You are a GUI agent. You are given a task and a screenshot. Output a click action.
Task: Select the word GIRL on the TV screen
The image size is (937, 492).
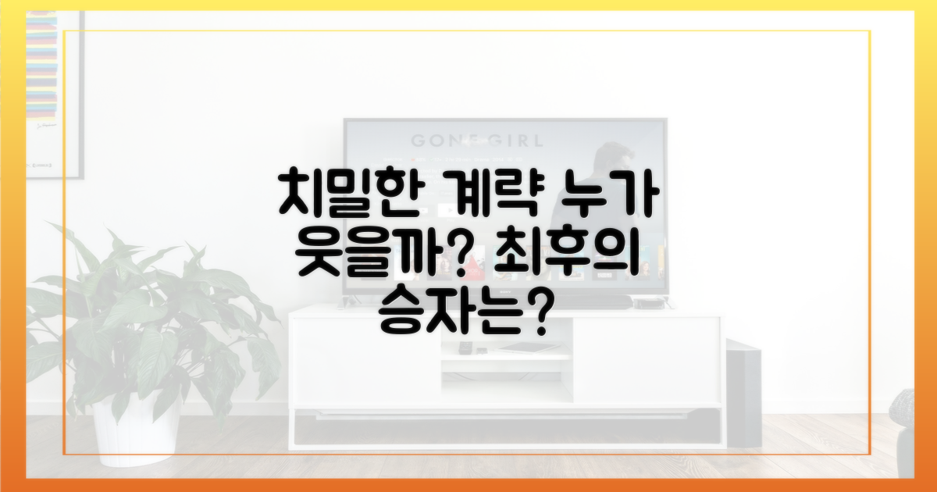(x=508, y=141)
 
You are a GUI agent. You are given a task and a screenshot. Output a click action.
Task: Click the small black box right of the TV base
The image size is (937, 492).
(x=644, y=303)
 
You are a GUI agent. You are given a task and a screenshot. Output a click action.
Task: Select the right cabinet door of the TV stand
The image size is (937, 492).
(x=646, y=359)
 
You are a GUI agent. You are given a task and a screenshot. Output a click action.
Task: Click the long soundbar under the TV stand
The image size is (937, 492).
(x=508, y=426)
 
